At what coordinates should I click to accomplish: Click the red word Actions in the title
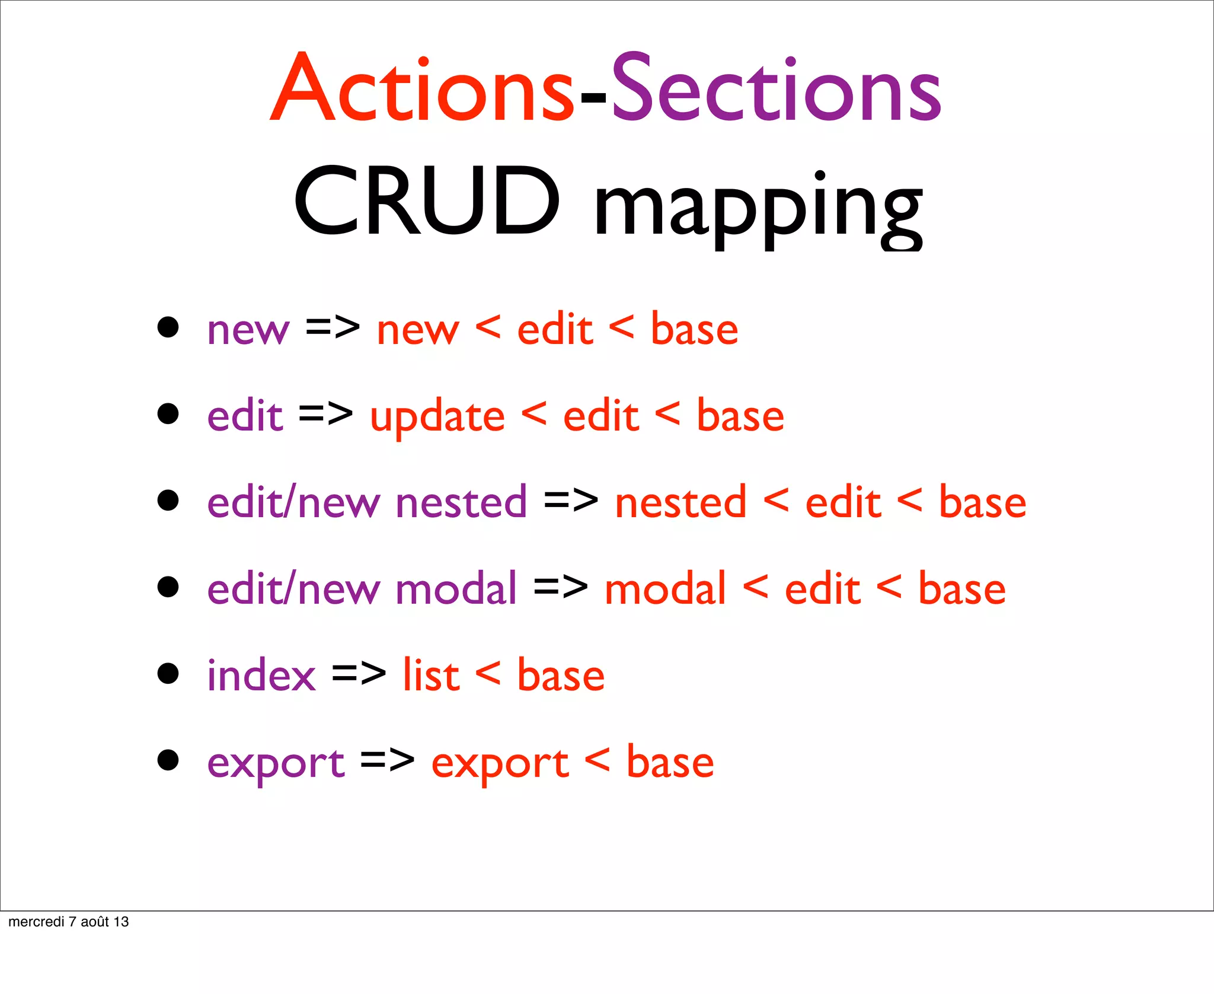pyautogui.click(x=421, y=89)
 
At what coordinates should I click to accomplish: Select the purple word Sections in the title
pyautogui.click(x=776, y=89)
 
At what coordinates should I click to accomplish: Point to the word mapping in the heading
pyautogui.click(x=758, y=208)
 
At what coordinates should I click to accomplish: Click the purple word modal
pyautogui.click(x=456, y=589)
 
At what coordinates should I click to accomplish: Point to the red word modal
pyautogui.click(x=665, y=589)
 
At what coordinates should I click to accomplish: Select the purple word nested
pyautogui.click(x=461, y=502)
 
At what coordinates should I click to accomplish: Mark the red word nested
pyautogui.click(x=681, y=502)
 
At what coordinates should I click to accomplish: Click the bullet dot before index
pyautogui.click(x=168, y=674)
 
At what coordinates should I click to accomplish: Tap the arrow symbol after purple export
pyautogui.click(x=387, y=760)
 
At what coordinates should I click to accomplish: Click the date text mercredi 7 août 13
pyautogui.click(x=68, y=922)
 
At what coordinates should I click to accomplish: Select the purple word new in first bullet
pyautogui.click(x=248, y=330)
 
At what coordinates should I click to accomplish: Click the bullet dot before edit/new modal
pyautogui.click(x=168, y=587)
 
